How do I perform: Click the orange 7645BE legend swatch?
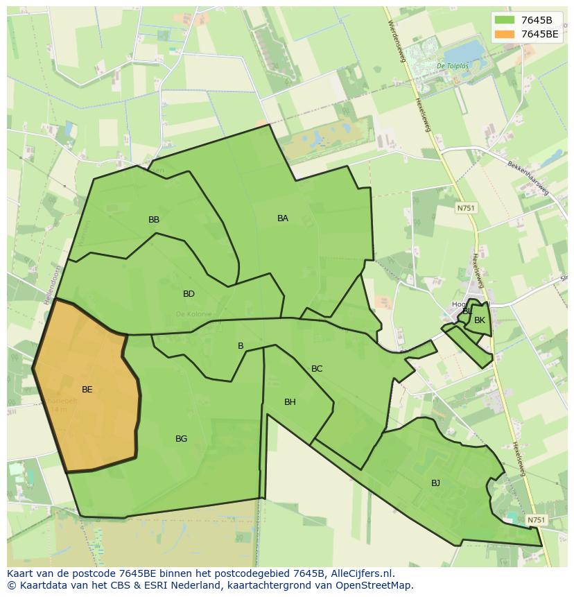tap(505, 34)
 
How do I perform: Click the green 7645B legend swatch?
tap(505, 20)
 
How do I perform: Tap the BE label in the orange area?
tap(87, 390)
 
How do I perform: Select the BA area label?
tap(283, 218)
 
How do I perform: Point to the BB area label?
tap(154, 220)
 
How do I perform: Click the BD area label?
tap(189, 294)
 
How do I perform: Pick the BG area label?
tap(181, 439)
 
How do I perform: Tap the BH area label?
tap(290, 402)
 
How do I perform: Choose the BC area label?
tap(317, 369)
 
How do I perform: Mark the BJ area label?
tap(435, 483)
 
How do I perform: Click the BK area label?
tap(480, 320)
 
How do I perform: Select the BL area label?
tap(467, 311)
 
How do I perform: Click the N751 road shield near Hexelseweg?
tap(466, 208)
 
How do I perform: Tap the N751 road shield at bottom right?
tap(536, 520)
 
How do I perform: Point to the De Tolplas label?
tap(453, 66)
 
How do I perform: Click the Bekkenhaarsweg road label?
tap(529, 178)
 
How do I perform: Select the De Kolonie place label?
tap(193, 314)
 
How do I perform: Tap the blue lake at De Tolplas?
tap(462, 51)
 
